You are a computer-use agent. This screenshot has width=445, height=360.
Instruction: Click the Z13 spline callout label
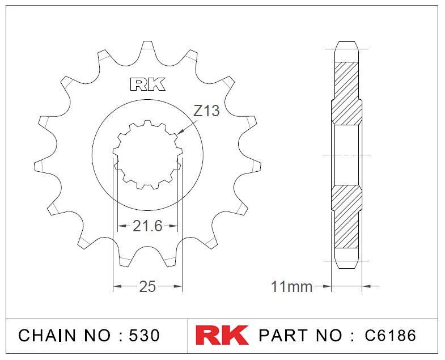[206, 111]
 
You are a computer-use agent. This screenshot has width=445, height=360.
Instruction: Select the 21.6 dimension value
[147, 226]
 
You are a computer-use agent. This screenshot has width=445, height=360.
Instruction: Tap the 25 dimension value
[147, 286]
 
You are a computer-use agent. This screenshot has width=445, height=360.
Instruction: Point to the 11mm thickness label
[292, 286]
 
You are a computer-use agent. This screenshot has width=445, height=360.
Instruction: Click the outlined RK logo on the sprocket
[148, 84]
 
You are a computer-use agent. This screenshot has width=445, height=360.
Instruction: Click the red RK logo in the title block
[222, 335]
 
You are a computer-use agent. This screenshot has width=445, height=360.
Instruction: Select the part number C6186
[390, 335]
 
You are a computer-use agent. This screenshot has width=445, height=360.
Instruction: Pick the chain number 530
[144, 335]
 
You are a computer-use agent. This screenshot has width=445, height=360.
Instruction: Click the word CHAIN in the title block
[48, 335]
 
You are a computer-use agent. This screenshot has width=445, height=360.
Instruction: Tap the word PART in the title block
[283, 335]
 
